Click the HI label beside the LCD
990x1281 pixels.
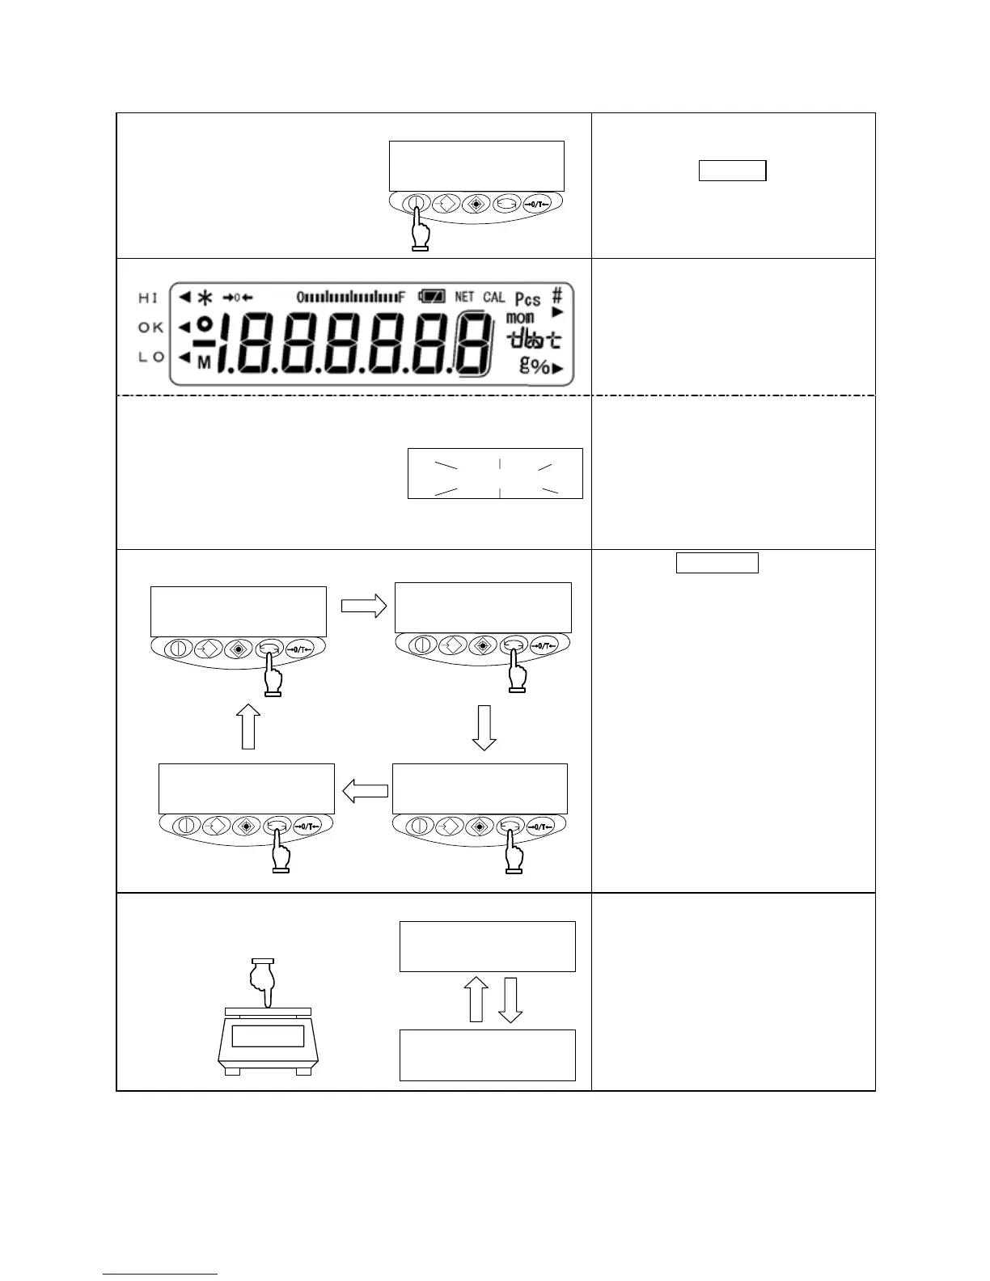pyautogui.click(x=149, y=298)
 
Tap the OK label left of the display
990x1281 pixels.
pyautogui.click(x=150, y=328)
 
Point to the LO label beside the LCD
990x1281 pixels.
pyautogui.click(x=150, y=357)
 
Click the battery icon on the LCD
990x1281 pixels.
pyautogui.click(x=431, y=297)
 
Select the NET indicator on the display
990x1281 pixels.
pyautogui.click(x=464, y=297)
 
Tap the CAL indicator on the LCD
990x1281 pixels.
pyautogui.click(x=493, y=297)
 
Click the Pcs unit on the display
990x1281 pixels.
pyautogui.click(x=527, y=299)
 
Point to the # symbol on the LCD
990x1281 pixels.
pyautogui.click(x=557, y=295)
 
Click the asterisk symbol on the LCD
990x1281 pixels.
pyautogui.click(x=205, y=297)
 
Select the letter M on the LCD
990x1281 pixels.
pyautogui.click(x=204, y=364)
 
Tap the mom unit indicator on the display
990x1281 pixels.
pyautogui.click(x=519, y=318)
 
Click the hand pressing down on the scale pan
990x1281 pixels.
pyautogui.click(x=263, y=981)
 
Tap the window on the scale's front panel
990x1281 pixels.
pyautogui.click(x=268, y=1036)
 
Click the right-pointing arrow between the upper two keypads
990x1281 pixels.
pyautogui.click(x=364, y=607)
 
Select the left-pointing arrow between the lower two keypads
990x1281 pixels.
pyautogui.click(x=366, y=791)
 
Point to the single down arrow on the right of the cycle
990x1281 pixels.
pyautogui.click(x=484, y=727)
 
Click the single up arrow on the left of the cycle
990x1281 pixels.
pyautogui.click(x=249, y=725)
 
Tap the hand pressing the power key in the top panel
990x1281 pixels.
pyautogui.click(x=419, y=229)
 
